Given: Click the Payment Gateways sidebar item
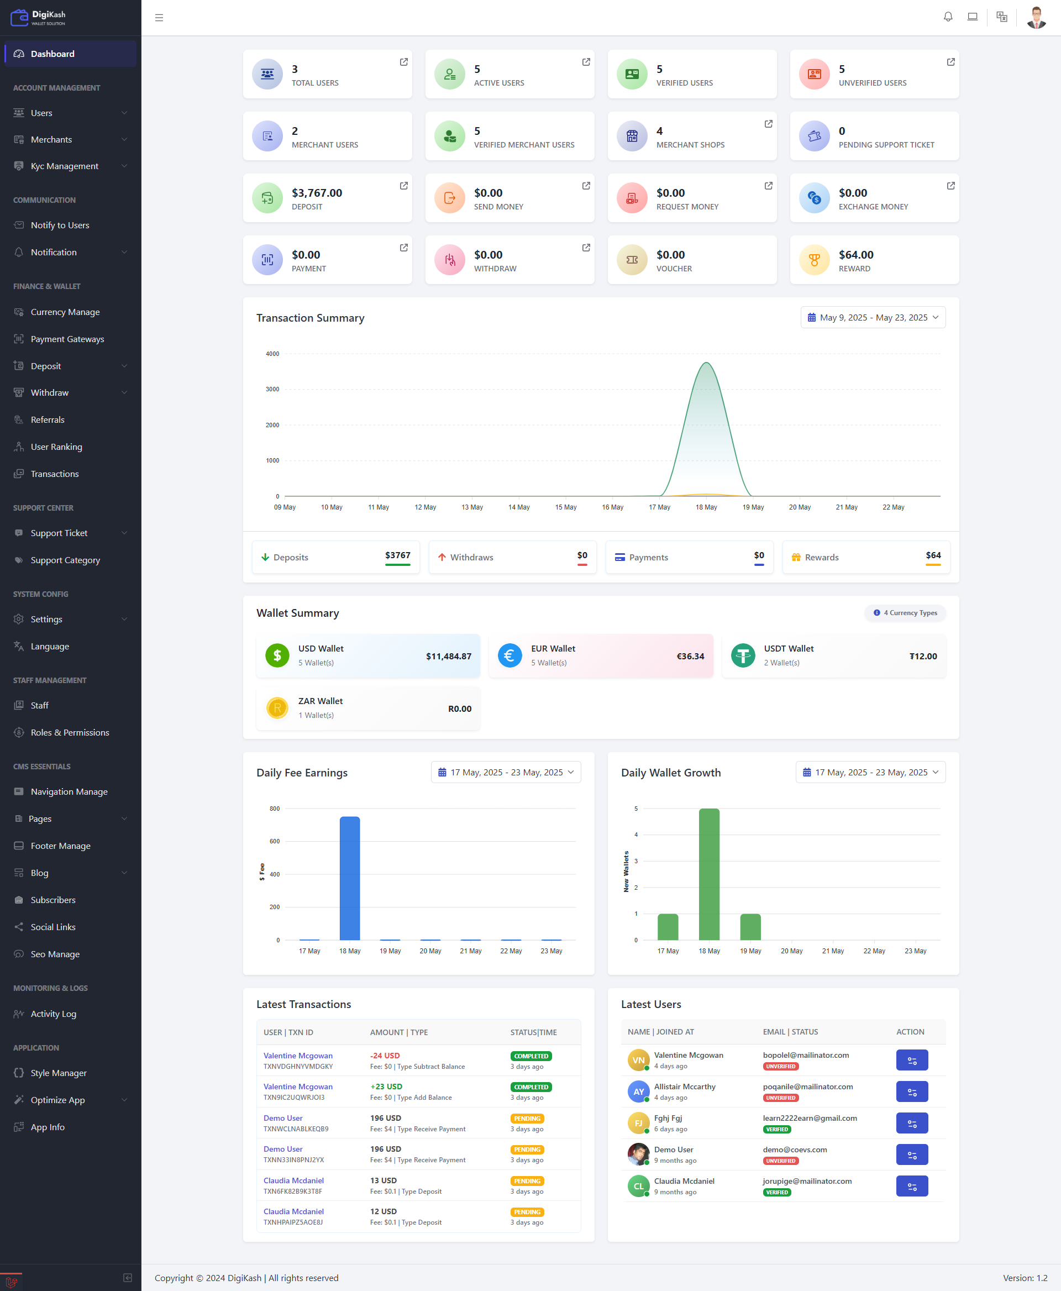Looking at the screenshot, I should coord(67,339).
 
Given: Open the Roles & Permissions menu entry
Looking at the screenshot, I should coord(70,732).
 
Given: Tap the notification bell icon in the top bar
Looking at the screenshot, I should coord(947,17).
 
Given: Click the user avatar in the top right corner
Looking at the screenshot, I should coord(1036,17).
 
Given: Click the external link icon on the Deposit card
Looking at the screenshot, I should coord(403,186).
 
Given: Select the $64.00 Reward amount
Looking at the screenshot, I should coord(855,255).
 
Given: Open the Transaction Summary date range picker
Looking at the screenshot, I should coord(872,317).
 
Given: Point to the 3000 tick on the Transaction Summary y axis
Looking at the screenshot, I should coord(272,390).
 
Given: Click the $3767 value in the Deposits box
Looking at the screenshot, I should coord(397,555).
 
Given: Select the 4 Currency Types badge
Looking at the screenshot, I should coord(905,612).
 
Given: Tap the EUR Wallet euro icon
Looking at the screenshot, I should coord(510,656).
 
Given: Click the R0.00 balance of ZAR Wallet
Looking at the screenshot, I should coord(460,709).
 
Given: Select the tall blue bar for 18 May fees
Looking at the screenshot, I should coord(350,878).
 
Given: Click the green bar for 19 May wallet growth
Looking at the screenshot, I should coord(750,927).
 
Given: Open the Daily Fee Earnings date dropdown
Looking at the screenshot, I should coord(506,772).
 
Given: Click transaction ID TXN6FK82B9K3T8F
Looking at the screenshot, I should coord(293,1192).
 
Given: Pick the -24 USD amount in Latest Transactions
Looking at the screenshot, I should coord(385,1056).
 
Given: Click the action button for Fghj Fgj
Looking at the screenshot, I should coord(911,1123).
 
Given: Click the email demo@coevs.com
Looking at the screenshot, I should coord(795,1149).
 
